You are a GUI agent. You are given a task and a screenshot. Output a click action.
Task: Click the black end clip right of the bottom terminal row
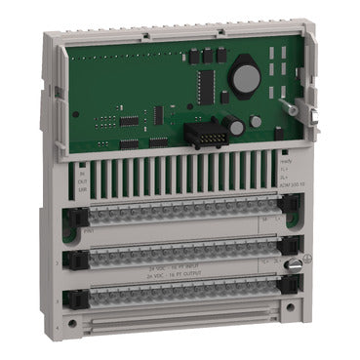click(290, 294)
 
